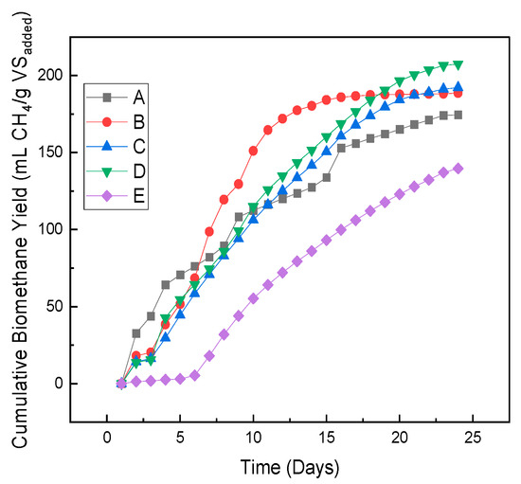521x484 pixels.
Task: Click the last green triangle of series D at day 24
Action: [x=458, y=65]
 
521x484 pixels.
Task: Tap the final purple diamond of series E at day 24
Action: [x=458, y=169]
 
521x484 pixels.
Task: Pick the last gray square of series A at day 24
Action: [x=458, y=116]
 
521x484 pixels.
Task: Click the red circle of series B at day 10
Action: [x=253, y=151]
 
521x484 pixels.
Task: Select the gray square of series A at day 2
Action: [x=135, y=333]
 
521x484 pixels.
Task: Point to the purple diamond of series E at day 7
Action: [x=209, y=356]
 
